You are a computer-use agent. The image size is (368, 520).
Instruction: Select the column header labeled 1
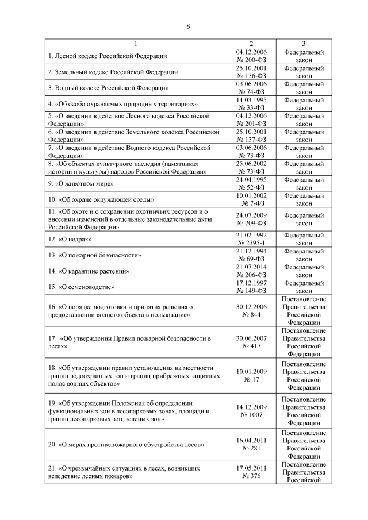136,44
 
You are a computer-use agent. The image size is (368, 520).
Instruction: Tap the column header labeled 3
303,44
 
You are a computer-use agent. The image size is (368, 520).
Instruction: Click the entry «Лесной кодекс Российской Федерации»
108,56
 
